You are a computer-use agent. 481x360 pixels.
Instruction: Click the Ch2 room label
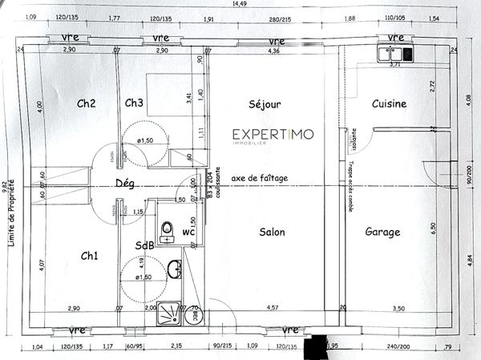[87, 103]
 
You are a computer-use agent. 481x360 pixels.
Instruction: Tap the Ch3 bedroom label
[134, 103]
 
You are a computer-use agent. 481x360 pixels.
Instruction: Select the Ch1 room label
[90, 256]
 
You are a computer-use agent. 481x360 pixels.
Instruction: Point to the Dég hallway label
[125, 184]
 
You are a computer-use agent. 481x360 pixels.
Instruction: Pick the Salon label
[273, 233]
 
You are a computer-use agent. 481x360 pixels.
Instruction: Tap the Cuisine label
[389, 103]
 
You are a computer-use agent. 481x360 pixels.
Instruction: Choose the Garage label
[383, 233]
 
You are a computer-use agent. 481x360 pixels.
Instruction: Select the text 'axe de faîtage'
[259, 178]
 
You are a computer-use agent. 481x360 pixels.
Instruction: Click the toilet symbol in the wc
[167, 231]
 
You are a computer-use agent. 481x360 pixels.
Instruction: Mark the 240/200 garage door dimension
[396, 346]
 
